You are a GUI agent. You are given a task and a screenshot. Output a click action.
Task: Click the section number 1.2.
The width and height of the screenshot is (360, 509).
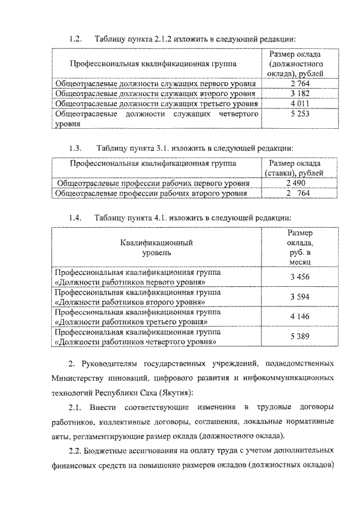click(x=75, y=39)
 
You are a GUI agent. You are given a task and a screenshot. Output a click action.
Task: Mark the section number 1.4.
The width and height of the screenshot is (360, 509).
click(x=75, y=217)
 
